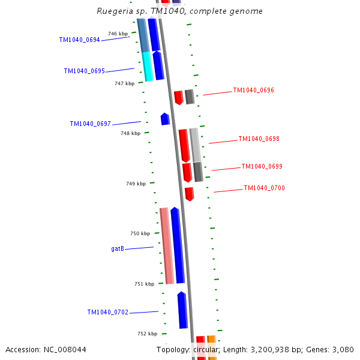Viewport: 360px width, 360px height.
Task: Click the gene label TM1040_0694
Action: tap(79, 40)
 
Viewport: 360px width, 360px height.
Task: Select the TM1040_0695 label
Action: tap(84, 71)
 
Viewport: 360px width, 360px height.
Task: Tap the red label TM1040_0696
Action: tap(253, 90)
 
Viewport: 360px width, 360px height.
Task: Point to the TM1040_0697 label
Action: tap(90, 124)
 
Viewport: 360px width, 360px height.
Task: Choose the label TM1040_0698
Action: tap(259, 139)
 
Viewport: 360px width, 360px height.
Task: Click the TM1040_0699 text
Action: tap(262, 166)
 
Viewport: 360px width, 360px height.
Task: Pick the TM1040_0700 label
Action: tap(264, 188)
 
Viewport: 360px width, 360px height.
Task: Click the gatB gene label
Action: tap(118, 248)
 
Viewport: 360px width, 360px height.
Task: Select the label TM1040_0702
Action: tap(107, 312)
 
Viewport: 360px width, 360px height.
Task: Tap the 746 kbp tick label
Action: tap(118, 34)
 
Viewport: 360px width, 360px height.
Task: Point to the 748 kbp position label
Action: tap(130, 133)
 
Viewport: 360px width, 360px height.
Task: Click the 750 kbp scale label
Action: tap(140, 233)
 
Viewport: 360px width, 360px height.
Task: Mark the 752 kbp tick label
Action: tap(147, 334)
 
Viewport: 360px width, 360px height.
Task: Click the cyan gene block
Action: tap(148, 66)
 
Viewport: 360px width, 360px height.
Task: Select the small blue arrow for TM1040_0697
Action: tap(165, 119)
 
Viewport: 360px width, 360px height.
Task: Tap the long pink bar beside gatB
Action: tap(167, 245)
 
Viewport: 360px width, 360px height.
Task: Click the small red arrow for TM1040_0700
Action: tap(189, 194)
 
